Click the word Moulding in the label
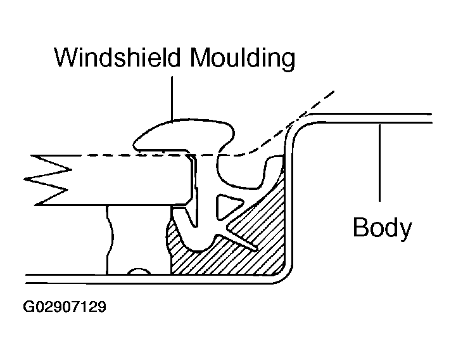pos(242,58)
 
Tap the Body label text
pos(382,228)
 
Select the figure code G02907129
pos(65,307)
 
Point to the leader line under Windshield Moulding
pos(172,98)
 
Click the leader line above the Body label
pos(379,163)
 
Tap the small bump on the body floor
pos(139,271)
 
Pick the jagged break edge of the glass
pos(48,180)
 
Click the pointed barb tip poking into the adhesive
pos(256,250)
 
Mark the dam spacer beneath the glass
pos(110,240)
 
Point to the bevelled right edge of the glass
pos(191,179)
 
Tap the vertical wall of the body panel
pos(289,198)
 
